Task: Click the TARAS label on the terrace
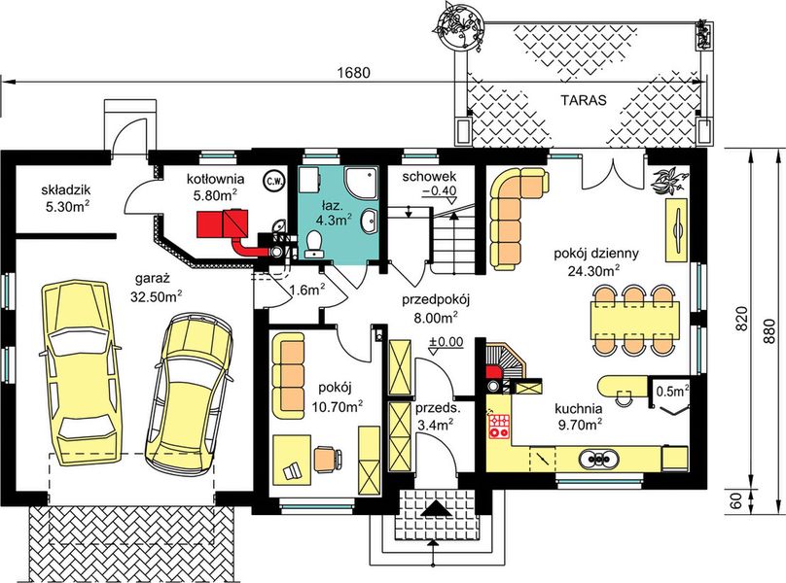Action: [584, 100]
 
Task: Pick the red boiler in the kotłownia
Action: [223, 225]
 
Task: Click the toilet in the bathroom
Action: [314, 243]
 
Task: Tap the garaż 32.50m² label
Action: [159, 286]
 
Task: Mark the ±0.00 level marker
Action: [446, 343]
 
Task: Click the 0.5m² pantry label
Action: [672, 391]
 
